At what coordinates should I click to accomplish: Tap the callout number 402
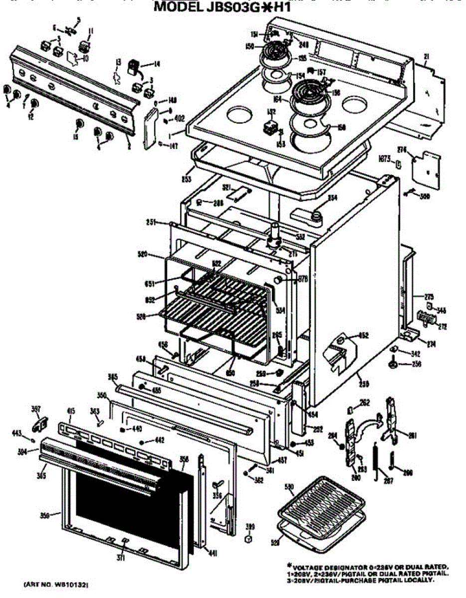tap(180, 119)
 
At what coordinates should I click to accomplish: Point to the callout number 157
tap(321, 72)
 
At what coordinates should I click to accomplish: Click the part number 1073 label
tap(384, 159)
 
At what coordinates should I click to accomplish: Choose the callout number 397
tap(35, 409)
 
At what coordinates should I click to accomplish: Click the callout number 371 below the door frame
tap(120, 558)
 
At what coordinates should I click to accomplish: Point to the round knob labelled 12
tap(34, 104)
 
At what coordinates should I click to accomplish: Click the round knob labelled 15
tap(78, 124)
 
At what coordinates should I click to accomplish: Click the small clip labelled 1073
tap(398, 163)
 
